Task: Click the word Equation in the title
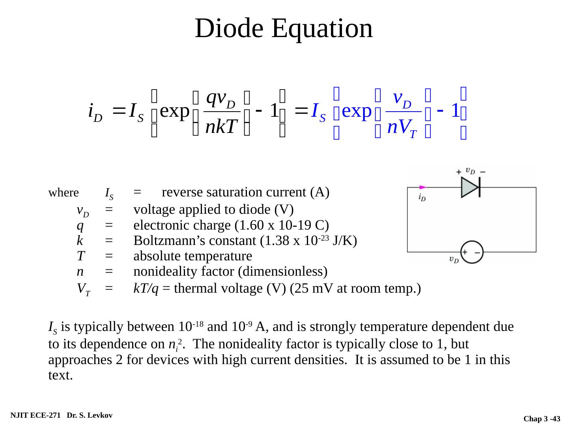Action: [x=322, y=28]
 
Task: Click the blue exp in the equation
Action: [x=357, y=111]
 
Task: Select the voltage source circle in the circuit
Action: [x=472, y=252]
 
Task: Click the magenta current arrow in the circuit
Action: [x=422, y=187]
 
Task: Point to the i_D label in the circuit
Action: [x=422, y=197]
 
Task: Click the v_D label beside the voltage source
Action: [x=454, y=260]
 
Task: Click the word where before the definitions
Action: [x=64, y=193]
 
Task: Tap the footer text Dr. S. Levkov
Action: [x=90, y=415]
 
